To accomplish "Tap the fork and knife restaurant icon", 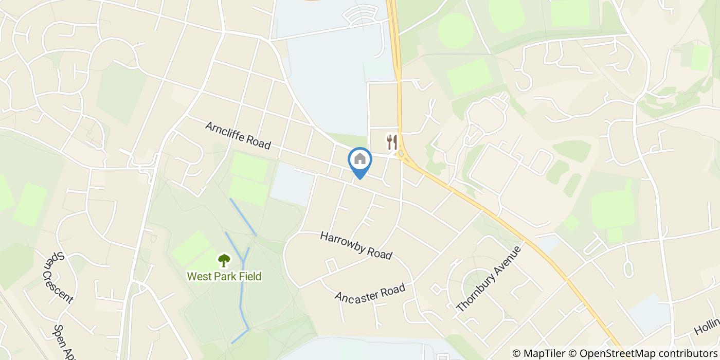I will (392, 141).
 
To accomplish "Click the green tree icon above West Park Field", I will (224, 260).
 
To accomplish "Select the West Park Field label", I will (224, 276).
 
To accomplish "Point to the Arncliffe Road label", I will (238, 135).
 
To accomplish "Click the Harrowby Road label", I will (356, 245).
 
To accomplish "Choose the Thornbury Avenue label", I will (489, 278).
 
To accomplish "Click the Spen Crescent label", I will (58, 277).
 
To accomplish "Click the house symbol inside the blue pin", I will (360, 158).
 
